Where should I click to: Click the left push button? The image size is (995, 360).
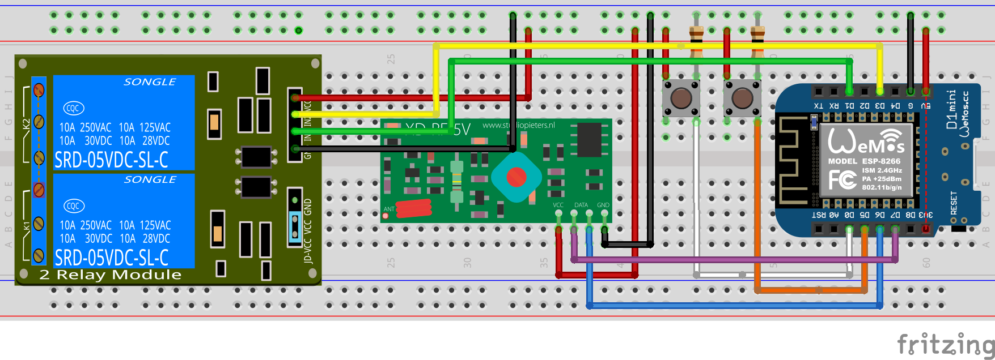coord(681,98)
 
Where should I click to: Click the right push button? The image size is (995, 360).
coord(742,98)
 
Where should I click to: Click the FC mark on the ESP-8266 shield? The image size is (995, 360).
coord(842,180)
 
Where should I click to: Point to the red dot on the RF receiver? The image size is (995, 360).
coord(516,177)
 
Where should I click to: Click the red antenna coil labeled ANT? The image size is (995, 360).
coord(414,208)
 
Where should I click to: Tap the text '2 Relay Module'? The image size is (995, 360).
coord(111,275)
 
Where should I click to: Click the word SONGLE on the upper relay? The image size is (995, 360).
coord(150,82)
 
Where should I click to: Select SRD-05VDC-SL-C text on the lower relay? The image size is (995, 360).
coord(112,258)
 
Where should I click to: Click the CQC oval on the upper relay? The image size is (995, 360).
coord(74,108)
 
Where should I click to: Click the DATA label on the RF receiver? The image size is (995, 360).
coord(581,205)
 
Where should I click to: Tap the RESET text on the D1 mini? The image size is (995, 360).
coord(954,203)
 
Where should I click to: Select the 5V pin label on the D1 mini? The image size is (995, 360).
coord(925,106)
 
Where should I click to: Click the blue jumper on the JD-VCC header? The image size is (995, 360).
coord(295,227)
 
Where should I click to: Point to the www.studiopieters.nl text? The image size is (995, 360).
coord(518,125)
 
